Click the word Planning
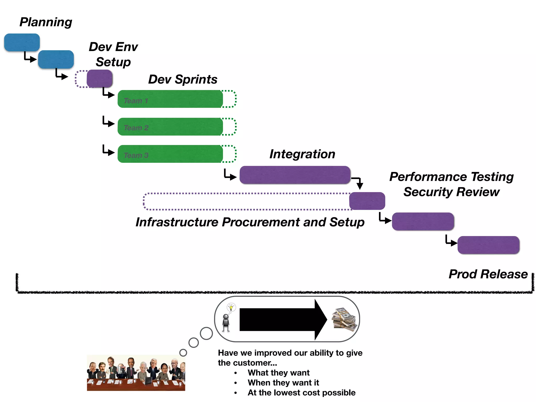[x=46, y=22]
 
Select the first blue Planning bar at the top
[x=22, y=42]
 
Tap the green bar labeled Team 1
[x=170, y=99]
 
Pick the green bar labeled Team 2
[x=170, y=127]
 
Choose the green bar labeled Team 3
[x=170, y=154]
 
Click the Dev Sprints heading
[x=183, y=79]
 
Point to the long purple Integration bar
[x=295, y=175]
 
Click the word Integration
[x=302, y=154]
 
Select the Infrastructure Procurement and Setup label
[x=250, y=222]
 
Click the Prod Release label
[x=488, y=274]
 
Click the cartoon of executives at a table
[x=136, y=373]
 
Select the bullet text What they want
[x=278, y=372]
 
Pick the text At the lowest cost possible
[x=301, y=393]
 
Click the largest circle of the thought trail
[x=206, y=333]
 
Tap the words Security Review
[x=451, y=192]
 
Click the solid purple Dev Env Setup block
[x=99, y=79]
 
